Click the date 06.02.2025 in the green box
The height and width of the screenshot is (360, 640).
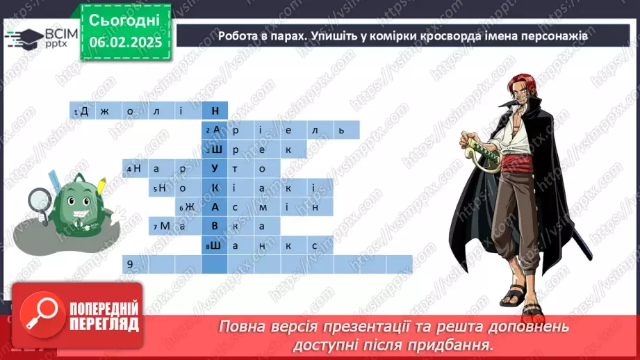pyautogui.click(x=125, y=42)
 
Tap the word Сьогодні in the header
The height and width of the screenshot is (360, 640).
pyautogui.click(x=125, y=19)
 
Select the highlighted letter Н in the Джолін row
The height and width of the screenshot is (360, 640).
pyautogui.click(x=215, y=111)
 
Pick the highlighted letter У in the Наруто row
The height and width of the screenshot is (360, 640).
pyautogui.click(x=215, y=168)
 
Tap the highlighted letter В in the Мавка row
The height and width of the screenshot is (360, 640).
pyautogui.click(x=215, y=226)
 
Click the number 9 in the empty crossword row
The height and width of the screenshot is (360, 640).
pyautogui.click(x=129, y=264)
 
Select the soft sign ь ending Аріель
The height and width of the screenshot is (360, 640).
pyautogui.click(x=341, y=130)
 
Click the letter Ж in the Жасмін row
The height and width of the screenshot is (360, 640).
pyautogui.click(x=189, y=207)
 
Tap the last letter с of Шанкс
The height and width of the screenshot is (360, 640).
pyautogui.click(x=315, y=245)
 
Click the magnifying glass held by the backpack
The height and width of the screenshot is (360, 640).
pyautogui.click(x=38, y=199)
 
